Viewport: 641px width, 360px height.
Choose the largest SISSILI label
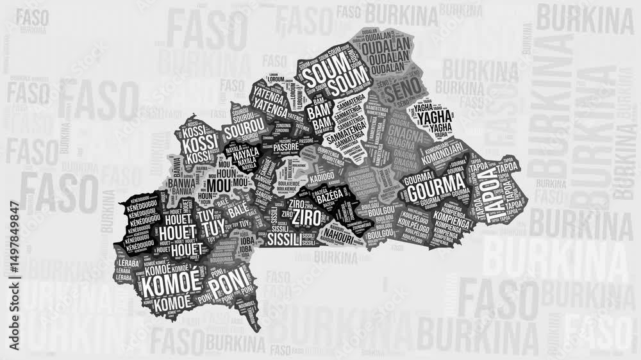point(283,240)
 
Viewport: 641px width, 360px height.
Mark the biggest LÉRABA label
point(124,270)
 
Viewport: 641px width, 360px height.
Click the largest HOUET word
point(177,233)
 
